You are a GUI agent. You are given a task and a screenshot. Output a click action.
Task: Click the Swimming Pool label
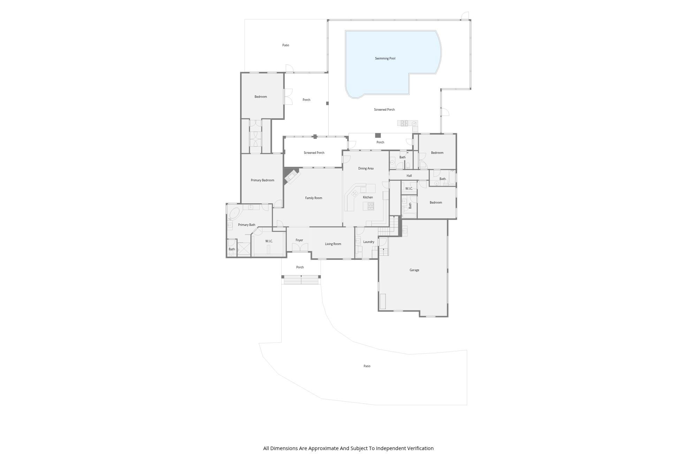pos(385,58)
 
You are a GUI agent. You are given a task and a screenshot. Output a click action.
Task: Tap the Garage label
pos(414,270)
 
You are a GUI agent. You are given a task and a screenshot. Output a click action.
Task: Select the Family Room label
pos(313,198)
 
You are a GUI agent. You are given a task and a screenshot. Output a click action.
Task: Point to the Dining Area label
pos(366,168)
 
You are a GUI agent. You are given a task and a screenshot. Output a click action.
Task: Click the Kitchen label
pos(368,197)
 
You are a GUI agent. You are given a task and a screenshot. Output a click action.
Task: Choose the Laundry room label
pos(368,242)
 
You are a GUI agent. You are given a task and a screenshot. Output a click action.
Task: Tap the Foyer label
pos(299,240)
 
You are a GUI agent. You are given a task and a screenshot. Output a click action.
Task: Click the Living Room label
pos(333,244)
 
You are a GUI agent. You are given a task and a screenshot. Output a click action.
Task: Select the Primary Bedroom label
pos(262,180)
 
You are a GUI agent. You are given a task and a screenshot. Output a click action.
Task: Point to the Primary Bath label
pos(246,225)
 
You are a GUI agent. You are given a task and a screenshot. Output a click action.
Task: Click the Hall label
pos(409,176)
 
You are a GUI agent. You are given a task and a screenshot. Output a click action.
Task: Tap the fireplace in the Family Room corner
pos(291,176)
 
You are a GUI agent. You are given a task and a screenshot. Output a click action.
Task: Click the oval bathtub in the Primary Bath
pos(234,213)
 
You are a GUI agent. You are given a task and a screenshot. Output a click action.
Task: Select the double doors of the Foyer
pos(300,247)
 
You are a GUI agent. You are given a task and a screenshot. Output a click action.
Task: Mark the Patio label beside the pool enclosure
pos(285,45)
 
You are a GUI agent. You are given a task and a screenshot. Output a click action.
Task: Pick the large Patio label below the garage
pos(367,366)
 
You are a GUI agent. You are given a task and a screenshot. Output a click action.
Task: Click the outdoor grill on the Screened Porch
pos(404,123)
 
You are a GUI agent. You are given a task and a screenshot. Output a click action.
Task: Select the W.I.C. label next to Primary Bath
pos(269,241)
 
